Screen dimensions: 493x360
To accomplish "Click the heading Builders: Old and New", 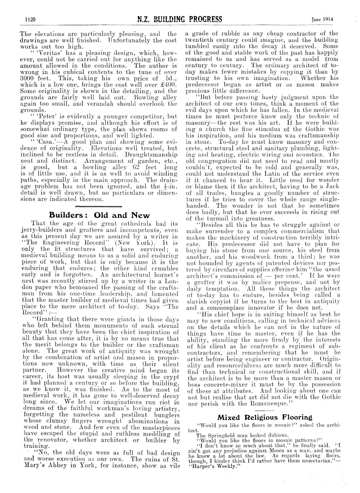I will click(x=99, y=215).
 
